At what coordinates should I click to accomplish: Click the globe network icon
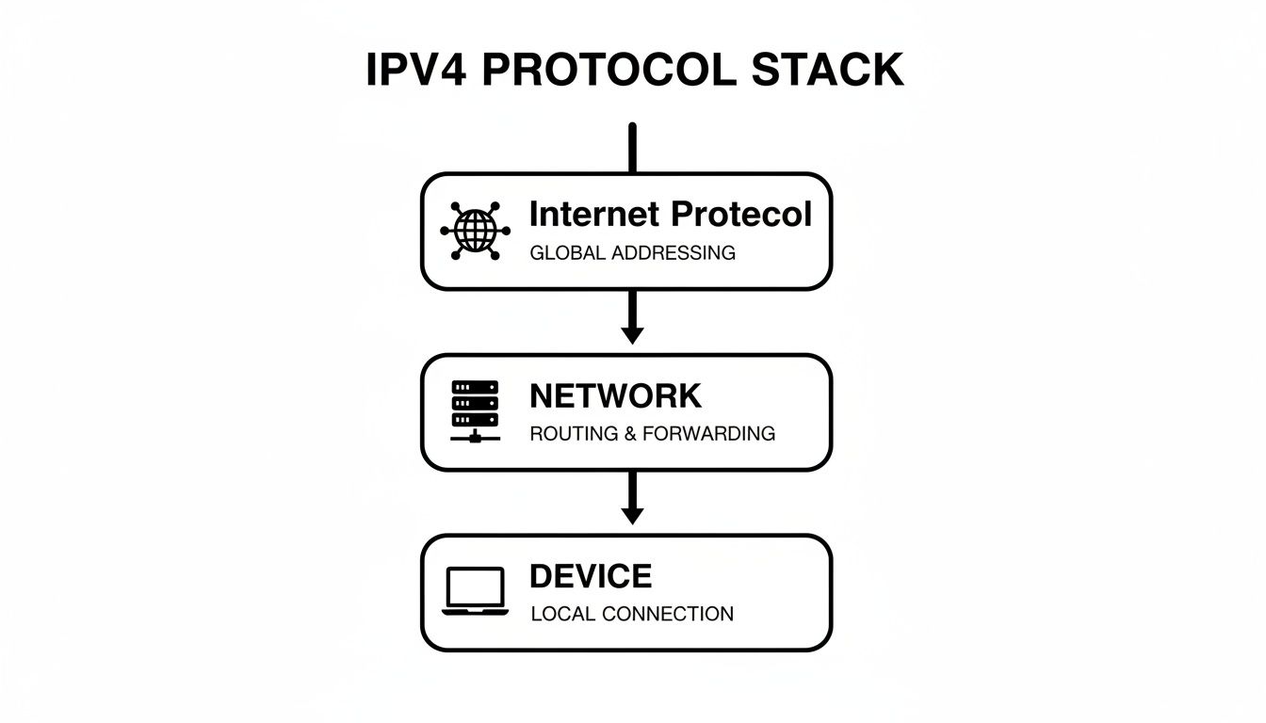click(475, 230)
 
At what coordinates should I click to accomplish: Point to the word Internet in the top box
click(593, 215)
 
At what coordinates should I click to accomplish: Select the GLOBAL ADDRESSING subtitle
click(632, 253)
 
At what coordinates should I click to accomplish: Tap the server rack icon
click(475, 411)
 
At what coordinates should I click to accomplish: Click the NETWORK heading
click(615, 396)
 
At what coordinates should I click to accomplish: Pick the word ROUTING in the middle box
click(568, 434)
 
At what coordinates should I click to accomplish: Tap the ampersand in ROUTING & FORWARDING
click(630, 434)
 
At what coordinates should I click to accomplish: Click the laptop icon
click(475, 591)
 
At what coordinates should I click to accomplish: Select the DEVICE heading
click(590, 576)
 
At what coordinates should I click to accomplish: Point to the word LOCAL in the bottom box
click(562, 615)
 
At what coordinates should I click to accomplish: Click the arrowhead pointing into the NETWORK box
click(632, 334)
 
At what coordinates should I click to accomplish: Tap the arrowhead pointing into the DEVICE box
click(632, 515)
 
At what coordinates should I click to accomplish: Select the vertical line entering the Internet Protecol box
click(632, 149)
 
